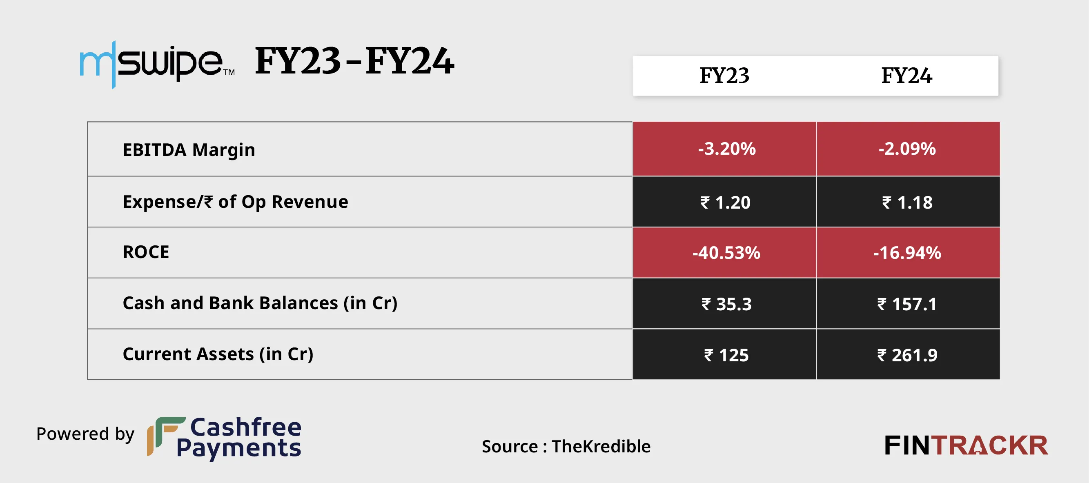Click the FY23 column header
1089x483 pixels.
tap(724, 76)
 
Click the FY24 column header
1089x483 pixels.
tap(906, 76)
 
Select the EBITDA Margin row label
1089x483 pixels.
tap(189, 150)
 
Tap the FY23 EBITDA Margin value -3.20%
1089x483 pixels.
tap(726, 149)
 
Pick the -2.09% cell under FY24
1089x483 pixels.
tap(907, 149)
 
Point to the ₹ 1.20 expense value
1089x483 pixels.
tap(726, 203)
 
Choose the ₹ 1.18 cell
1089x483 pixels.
tap(907, 203)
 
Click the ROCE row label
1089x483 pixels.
tap(146, 252)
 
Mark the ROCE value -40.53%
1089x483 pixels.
tap(726, 253)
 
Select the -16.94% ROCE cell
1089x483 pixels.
tap(907, 253)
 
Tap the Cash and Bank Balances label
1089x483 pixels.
tap(260, 303)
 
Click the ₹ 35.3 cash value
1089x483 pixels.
tap(726, 304)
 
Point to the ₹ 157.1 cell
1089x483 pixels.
tap(907, 304)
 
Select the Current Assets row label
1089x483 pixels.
tap(218, 354)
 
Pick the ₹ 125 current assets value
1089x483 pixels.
tap(726, 355)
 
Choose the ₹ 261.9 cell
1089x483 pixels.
tap(907, 355)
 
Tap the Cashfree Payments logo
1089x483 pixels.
tap(225, 437)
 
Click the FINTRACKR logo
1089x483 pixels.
tap(966, 446)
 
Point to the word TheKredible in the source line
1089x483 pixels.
tap(601, 446)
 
